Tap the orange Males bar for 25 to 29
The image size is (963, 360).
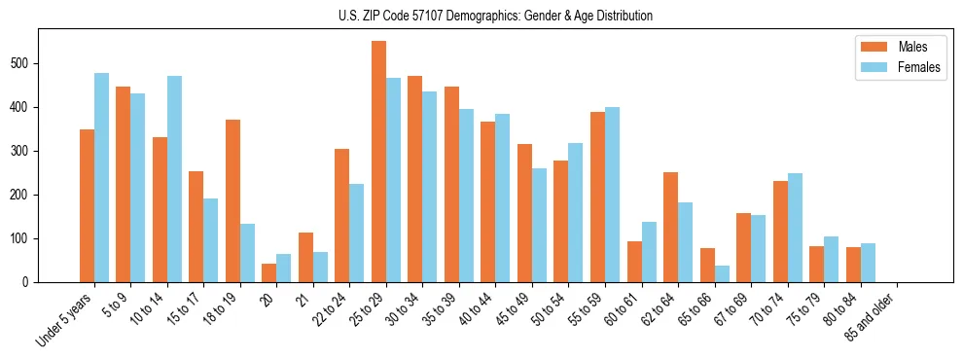click(x=378, y=162)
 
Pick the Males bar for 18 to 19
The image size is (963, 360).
click(x=232, y=200)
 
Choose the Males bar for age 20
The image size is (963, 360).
click(x=269, y=272)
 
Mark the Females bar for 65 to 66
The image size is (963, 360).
click(x=722, y=273)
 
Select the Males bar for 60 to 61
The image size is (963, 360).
click(x=634, y=262)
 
